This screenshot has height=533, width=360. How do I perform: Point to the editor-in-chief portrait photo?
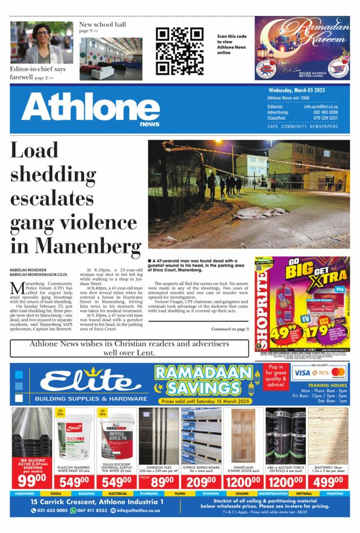(41, 43)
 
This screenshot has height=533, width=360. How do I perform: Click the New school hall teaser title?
(102, 25)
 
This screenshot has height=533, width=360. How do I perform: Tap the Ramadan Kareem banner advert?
(302, 48)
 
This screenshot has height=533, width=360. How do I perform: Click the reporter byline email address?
(38, 275)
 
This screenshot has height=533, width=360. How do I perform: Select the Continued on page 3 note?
(229, 329)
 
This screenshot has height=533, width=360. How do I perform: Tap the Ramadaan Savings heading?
(203, 381)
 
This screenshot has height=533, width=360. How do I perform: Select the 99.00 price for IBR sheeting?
(31, 482)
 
